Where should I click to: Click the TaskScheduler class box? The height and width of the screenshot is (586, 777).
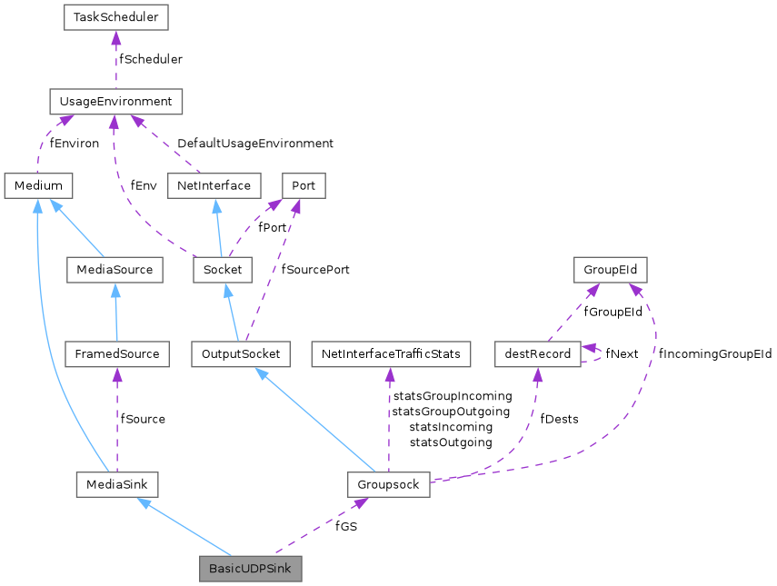pyautogui.click(x=115, y=17)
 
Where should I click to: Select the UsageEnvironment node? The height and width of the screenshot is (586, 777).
pyautogui.click(x=115, y=102)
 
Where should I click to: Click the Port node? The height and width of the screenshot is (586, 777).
pyautogui.click(x=304, y=186)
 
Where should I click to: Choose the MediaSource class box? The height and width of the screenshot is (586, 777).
pyautogui.click(x=115, y=270)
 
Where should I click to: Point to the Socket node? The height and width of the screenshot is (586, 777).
pyautogui.click(x=223, y=270)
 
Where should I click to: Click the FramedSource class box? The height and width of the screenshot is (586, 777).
pyautogui.click(x=117, y=354)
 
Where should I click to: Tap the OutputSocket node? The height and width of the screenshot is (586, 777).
pyautogui.click(x=241, y=354)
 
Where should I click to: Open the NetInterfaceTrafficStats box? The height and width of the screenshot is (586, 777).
pyautogui.click(x=390, y=354)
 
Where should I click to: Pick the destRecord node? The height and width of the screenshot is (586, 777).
pyautogui.click(x=537, y=354)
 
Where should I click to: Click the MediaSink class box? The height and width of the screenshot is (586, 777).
pyautogui.click(x=117, y=484)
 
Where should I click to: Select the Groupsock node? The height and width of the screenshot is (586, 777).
pyautogui.click(x=388, y=484)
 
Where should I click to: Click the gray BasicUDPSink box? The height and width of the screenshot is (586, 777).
pyautogui.click(x=251, y=569)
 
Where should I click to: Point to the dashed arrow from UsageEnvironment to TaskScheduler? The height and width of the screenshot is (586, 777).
pyautogui.click(x=115, y=59)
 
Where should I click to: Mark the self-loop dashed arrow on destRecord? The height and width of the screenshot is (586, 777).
pyautogui.click(x=601, y=354)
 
